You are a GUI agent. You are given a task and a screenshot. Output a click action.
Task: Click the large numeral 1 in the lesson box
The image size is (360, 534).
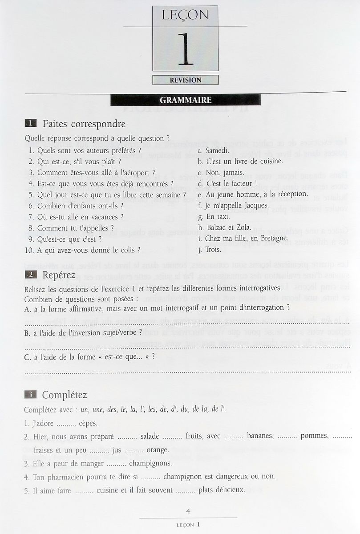[186, 49]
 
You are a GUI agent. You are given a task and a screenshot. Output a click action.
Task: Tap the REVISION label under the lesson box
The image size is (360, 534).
[186, 80]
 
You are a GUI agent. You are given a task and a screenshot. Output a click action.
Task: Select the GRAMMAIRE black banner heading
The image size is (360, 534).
[186, 101]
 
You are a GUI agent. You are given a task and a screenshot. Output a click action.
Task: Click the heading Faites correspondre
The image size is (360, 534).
[84, 124]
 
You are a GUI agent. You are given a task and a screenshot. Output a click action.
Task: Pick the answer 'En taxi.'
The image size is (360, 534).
[218, 216]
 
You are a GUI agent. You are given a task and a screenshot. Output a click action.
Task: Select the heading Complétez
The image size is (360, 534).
[65, 395]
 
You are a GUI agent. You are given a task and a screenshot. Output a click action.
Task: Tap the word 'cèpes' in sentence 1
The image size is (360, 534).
[88, 423]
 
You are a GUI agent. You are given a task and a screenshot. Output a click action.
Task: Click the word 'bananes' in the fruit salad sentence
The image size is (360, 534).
[260, 436]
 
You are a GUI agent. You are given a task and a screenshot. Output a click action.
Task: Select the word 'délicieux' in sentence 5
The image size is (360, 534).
[229, 490]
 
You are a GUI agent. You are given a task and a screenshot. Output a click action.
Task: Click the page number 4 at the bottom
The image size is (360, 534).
[189, 512]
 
